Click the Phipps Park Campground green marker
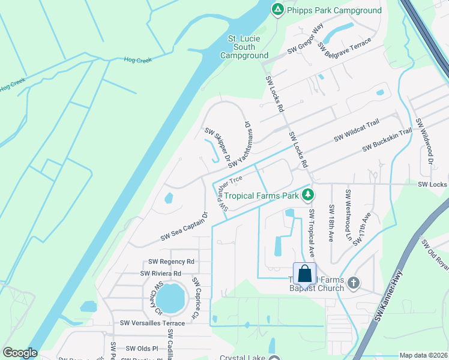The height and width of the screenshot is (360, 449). point(277,10)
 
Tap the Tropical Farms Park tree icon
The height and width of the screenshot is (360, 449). point(308,195)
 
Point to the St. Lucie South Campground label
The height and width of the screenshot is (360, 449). point(244,47)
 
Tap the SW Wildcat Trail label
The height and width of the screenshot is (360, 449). point(357,130)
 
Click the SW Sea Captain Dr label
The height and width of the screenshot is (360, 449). point(184,227)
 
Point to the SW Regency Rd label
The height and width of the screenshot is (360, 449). point(172,262)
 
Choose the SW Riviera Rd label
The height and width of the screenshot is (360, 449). point(161,274)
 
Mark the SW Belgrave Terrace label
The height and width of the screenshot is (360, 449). point(345,45)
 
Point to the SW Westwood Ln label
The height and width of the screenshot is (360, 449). point(348,215)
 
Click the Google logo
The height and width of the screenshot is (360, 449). point(20,352)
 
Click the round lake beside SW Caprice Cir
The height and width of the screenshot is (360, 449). point(172,298)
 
